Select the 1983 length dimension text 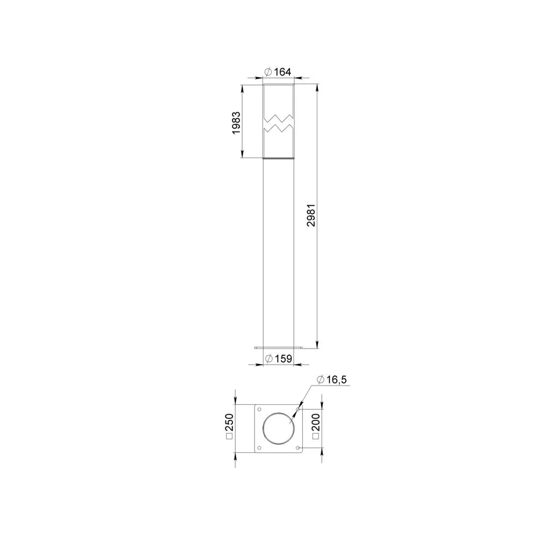point(236,123)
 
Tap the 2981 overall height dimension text point(311,215)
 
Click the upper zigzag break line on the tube point(278,119)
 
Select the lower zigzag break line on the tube point(278,128)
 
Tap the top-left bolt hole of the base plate point(259,409)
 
